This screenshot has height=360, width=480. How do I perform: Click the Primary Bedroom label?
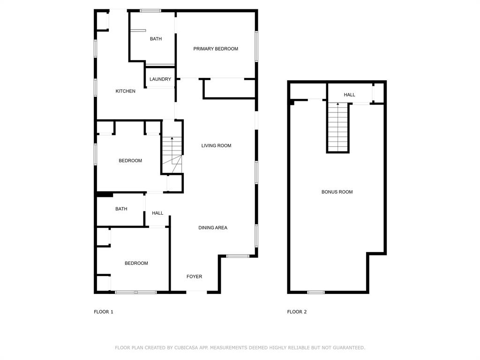(x=216, y=49)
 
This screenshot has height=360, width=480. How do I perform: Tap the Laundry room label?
(x=160, y=79)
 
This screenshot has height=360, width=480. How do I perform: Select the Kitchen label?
(x=126, y=91)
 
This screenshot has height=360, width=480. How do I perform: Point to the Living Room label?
(x=217, y=146)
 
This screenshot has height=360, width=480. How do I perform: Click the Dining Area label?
(x=213, y=228)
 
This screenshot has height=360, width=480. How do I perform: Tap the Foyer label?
(x=195, y=277)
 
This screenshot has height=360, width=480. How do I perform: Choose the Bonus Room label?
(x=337, y=192)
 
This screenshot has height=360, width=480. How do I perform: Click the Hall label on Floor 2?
(x=350, y=95)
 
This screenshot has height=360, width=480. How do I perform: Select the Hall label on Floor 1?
(x=157, y=213)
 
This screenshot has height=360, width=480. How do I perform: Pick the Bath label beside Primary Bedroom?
(x=156, y=39)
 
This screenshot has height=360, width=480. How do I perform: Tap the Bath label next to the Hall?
(x=121, y=209)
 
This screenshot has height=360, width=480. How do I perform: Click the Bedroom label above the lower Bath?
(x=130, y=161)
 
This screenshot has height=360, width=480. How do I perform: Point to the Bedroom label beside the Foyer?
(x=136, y=263)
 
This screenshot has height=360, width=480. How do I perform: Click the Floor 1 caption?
(x=104, y=312)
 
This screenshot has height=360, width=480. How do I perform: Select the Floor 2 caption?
(x=297, y=312)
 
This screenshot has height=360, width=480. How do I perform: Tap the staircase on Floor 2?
(x=338, y=127)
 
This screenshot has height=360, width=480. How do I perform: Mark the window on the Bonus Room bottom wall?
(x=316, y=292)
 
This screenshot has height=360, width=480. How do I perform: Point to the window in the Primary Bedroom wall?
(x=256, y=46)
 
